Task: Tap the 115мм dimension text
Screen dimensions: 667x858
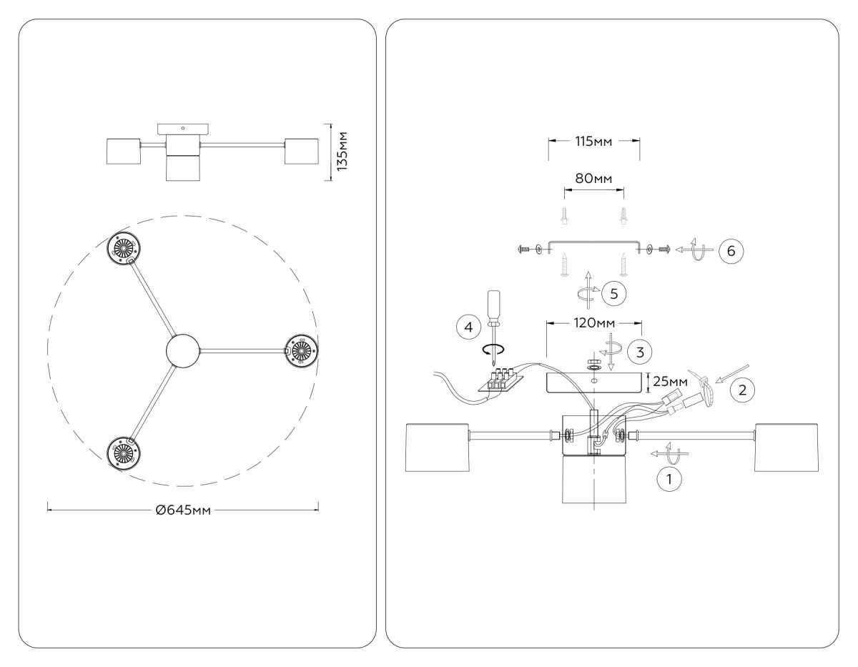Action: (x=593, y=141)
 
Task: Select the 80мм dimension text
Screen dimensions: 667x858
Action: (x=594, y=177)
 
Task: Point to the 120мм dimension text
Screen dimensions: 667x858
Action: (x=593, y=323)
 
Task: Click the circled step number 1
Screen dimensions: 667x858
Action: (x=669, y=479)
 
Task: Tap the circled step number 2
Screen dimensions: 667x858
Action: (x=741, y=390)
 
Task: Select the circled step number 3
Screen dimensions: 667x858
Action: (x=638, y=351)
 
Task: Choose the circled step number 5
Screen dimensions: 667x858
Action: (x=613, y=292)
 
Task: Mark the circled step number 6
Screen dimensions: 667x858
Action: (x=731, y=251)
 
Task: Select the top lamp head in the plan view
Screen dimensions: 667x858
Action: (x=126, y=248)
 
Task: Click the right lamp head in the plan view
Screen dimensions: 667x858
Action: (x=301, y=350)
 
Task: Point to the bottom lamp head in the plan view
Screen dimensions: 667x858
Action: (x=125, y=452)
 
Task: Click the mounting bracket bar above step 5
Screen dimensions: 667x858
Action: (x=593, y=244)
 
